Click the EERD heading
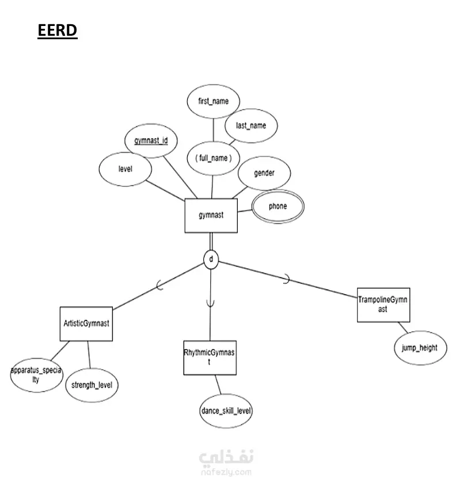tap(57, 30)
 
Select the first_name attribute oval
tap(213, 101)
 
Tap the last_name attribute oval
tap(251, 125)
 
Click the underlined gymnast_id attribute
tap(151, 140)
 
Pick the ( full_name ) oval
tap(213, 157)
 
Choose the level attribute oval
tap(125, 170)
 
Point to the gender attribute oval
tap(264, 172)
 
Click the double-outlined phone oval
tap(278, 206)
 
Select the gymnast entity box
tap(211, 216)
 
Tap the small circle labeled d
tap(211, 260)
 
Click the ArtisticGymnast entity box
tap(86, 324)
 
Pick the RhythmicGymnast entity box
tap(210, 358)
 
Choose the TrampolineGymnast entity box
tap(383, 305)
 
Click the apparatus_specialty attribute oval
tap(36, 375)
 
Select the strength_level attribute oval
tap(92, 385)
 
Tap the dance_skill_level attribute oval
tap(226, 411)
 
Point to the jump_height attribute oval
tap(420, 348)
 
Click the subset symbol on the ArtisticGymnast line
tap(159, 284)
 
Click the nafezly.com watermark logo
tap(226, 461)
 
